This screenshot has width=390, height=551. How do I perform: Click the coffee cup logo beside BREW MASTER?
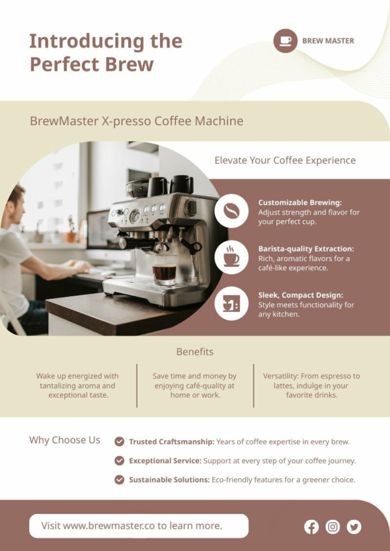tap(285, 41)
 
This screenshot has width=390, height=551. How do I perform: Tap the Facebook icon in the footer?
tap(311, 527)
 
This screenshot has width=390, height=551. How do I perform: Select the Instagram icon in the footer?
tap(333, 527)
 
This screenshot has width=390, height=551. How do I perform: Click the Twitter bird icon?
tap(354, 527)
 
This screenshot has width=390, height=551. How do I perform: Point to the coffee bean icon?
tap(231, 211)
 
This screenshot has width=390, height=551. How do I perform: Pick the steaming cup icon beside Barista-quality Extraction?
tap(231, 257)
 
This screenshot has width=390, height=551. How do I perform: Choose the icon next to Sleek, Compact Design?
tap(231, 303)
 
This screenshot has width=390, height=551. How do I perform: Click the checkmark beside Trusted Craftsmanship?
tap(119, 441)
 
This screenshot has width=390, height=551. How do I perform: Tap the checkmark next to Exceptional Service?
tap(119, 460)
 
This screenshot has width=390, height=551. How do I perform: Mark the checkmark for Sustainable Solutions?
tap(119, 480)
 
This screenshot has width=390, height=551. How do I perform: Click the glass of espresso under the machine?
tap(164, 270)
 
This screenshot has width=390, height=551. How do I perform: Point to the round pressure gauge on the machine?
tap(135, 216)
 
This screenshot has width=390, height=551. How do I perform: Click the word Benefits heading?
tap(195, 352)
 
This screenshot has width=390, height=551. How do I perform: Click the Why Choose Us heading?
tap(65, 440)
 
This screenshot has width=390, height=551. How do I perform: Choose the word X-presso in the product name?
tap(126, 122)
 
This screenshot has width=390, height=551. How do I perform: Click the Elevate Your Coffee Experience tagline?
tap(285, 160)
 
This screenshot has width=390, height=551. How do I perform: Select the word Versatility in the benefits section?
tap(281, 376)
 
